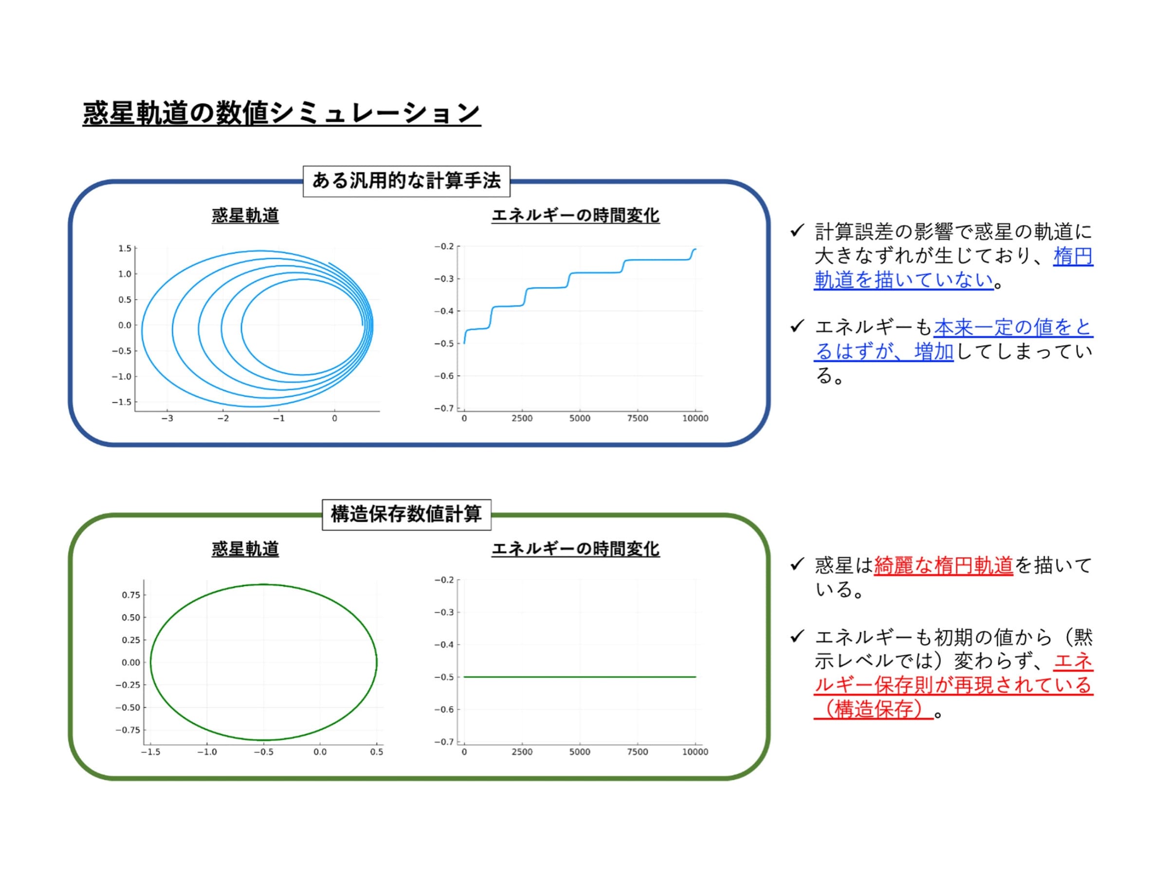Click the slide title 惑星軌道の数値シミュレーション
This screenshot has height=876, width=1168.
click(x=281, y=113)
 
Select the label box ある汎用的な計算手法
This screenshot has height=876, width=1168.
click(x=406, y=181)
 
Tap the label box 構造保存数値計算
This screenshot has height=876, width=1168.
click(x=406, y=514)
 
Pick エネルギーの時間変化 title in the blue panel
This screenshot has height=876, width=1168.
click(x=576, y=216)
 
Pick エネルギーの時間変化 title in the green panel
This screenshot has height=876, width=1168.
click(x=576, y=549)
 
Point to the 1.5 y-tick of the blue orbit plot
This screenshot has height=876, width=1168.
click(x=125, y=248)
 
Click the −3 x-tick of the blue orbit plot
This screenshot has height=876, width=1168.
click(x=167, y=418)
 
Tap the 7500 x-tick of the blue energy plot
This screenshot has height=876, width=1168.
click(x=638, y=418)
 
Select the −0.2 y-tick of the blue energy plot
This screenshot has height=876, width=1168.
click(x=444, y=247)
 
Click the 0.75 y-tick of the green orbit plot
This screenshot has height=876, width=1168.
click(x=131, y=595)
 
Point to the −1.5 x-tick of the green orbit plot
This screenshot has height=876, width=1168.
click(x=150, y=752)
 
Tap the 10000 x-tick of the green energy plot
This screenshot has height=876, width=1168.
click(x=695, y=752)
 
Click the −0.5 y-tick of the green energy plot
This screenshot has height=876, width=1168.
click(x=444, y=677)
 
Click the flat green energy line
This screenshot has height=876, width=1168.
click(x=580, y=677)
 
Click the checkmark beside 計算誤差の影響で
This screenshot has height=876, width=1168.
click(x=797, y=230)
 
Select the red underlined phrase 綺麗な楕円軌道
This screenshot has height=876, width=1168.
click(x=943, y=566)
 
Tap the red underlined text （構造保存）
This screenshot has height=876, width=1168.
click(x=874, y=709)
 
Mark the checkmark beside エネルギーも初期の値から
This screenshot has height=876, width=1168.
click(x=797, y=636)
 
